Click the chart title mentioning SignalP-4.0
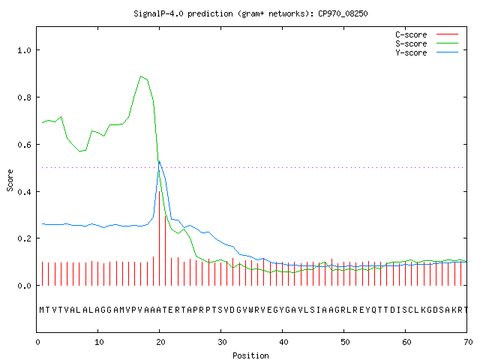coord(250,13)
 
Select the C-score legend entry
coord(427,34)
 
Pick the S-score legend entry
coord(427,43)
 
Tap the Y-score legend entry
coord(427,52)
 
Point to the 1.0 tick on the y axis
coord(25,50)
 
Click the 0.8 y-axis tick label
coord(25,97)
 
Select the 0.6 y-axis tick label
coord(25,145)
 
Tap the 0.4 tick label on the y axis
coord(25,192)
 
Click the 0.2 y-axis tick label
coord(25,238)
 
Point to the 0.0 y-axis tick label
coord(25,286)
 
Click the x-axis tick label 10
coord(99,342)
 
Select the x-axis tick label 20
coord(160,342)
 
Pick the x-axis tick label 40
coord(283,342)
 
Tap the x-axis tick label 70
coord(468,342)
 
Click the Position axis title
coord(250,355)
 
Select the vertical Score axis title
coord(10,180)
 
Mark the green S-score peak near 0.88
coord(140,76)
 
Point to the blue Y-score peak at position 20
coord(159,161)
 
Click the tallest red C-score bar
coord(159,238)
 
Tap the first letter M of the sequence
coord(42,310)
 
